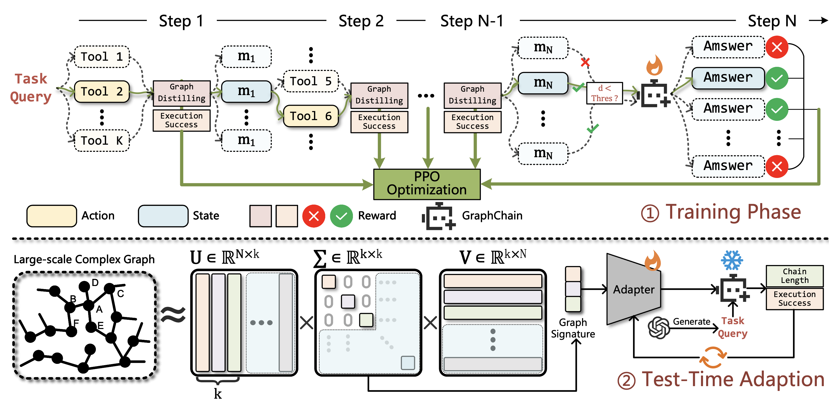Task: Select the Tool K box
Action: click(x=102, y=141)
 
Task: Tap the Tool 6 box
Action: click(x=310, y=116)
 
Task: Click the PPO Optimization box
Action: click(x=427, y=184)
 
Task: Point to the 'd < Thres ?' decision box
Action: click(x=604, y=93)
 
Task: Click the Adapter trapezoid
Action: click(x=633, y=289)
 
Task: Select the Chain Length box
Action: click(x=794, y=276)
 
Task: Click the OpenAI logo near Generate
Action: click(x=658, y=327)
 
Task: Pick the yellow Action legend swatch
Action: click(x=52, y=216)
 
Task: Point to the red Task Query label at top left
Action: click(x=31, y=88)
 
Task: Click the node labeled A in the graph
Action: click(x=88, y=305)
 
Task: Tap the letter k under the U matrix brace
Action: click(x=218, y=394)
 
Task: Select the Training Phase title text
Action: click(x=733, y=212)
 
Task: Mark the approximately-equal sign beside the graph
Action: click(x=173, y=315)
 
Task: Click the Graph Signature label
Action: click(x=573, y=328)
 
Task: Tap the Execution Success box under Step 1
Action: click(x=181, y=120)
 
